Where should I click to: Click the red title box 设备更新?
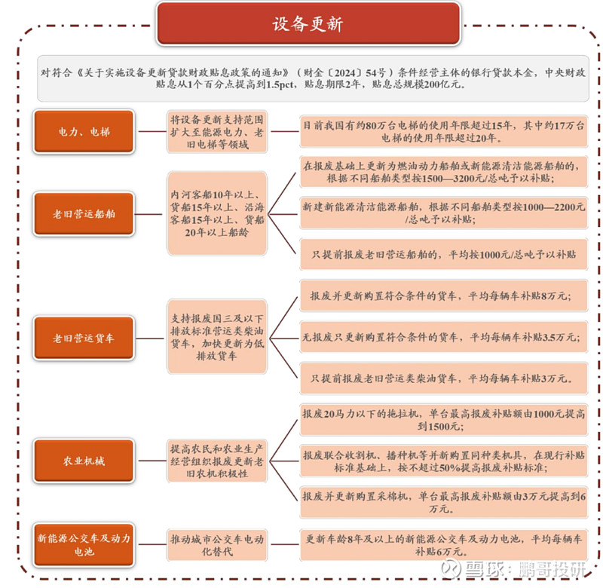[308, 24]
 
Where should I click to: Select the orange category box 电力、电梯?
[84, 131]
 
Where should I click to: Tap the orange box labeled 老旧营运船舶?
[84, 214]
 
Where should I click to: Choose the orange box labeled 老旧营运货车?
[84, 338]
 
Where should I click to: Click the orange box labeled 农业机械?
[84, 461]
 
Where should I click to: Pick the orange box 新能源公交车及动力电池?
[84, 544]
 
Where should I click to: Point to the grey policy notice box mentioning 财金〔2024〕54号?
[313, 78]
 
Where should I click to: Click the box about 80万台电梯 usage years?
[444, 131]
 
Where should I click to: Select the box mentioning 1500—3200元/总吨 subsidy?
[444, 172]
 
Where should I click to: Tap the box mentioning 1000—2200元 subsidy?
[444, 213]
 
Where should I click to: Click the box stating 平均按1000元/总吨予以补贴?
[444, 254]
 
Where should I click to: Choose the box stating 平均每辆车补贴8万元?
[444, 296]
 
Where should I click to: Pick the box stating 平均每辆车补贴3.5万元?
[444, 337]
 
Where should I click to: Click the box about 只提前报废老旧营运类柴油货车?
[444, 378]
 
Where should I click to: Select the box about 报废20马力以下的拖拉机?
[444, 420]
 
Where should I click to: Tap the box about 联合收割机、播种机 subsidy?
[444, 461]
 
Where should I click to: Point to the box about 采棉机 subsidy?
[444, 502]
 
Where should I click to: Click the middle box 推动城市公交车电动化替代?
[217, 545]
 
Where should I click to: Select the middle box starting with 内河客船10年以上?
[217, 213]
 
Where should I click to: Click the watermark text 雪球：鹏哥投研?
[514, 568]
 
